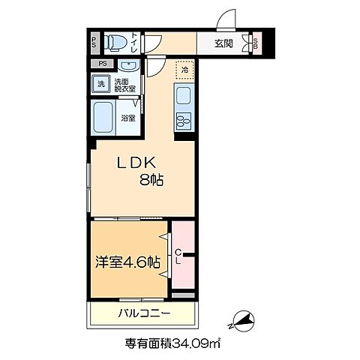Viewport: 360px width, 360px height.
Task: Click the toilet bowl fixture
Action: (x=113, y=42)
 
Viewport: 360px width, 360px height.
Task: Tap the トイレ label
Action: (x=133, y=42)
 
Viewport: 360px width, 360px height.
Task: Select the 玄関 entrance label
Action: (x=222, y=43)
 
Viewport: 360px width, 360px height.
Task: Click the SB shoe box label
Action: (x=256, y=43)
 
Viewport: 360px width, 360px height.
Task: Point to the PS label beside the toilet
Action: (x=94, y=42)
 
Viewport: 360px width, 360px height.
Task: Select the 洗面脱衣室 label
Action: (x=124, y=85)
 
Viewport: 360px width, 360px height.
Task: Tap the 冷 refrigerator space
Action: (x=183, y=70)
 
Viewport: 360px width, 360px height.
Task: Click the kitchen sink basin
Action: (x=183, y=96)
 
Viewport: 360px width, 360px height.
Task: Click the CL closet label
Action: (x=178, y=257)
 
